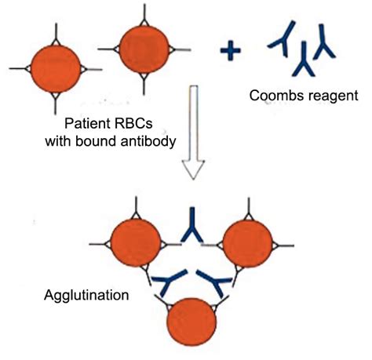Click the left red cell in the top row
click(x=56, y=68)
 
